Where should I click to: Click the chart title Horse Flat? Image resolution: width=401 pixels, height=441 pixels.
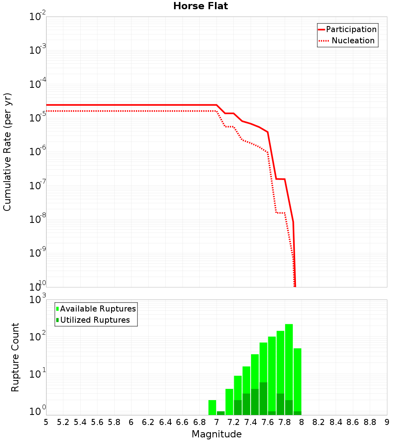[200, 6]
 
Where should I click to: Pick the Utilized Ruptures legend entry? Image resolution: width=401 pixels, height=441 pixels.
[95, 320]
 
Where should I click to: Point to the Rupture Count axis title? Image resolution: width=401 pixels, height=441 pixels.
[15, 357]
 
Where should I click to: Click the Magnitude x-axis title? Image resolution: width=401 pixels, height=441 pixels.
[217, 434]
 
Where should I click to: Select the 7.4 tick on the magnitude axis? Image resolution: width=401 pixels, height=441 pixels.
[251, 422]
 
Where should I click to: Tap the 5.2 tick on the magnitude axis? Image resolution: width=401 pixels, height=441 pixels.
[63, 422]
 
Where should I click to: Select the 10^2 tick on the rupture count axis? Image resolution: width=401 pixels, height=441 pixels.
[37, 336]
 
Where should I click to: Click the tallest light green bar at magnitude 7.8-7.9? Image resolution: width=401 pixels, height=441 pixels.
[289, 369]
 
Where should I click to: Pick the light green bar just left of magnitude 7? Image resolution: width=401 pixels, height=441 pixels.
[212, 407]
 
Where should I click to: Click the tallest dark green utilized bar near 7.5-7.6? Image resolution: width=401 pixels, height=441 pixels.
[263, 399]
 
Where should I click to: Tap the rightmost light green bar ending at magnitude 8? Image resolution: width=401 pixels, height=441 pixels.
[297, 381]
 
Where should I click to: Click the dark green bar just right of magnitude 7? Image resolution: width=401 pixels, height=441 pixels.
[221, 413]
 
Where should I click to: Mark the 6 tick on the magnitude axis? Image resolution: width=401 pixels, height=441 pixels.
[131, 422]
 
